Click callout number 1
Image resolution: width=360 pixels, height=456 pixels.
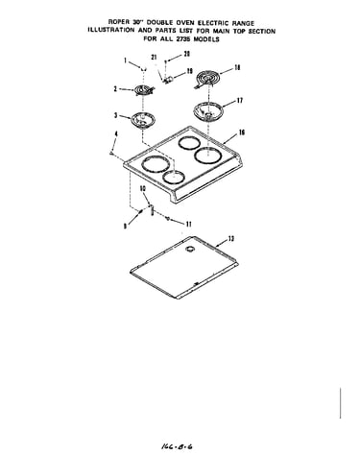pyautogui.click(x=126, y=60)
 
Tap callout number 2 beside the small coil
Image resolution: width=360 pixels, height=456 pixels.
pyautogui.click(x=115, y=89)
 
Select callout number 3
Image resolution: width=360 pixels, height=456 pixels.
pyautogui.click(x=116, y=115)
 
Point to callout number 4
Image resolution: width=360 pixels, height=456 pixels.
pyautogui.click(x=116, y=133)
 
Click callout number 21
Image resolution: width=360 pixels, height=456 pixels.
pyautogui.click(x=155, y=58)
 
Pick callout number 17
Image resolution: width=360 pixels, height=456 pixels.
pyautogui.click(x=240, y=101)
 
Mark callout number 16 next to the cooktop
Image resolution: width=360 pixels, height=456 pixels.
pyautogui.click(x=242, y=132)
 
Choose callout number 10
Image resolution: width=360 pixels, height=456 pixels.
pyautogui.click(x=143, y=189)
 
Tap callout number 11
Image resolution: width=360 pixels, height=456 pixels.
pyautogui.click(x=189, y=224)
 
